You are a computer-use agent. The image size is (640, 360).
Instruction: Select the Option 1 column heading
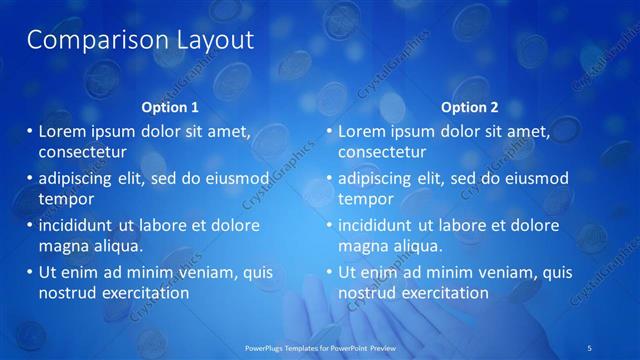170,107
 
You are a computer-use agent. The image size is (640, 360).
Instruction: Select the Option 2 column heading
469,107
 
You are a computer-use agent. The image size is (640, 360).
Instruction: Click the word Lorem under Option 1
63,131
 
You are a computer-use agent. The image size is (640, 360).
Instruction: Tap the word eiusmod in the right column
535,178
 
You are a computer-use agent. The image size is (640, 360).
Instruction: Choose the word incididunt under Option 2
379,225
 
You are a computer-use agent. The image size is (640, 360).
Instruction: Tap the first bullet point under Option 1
29,131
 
